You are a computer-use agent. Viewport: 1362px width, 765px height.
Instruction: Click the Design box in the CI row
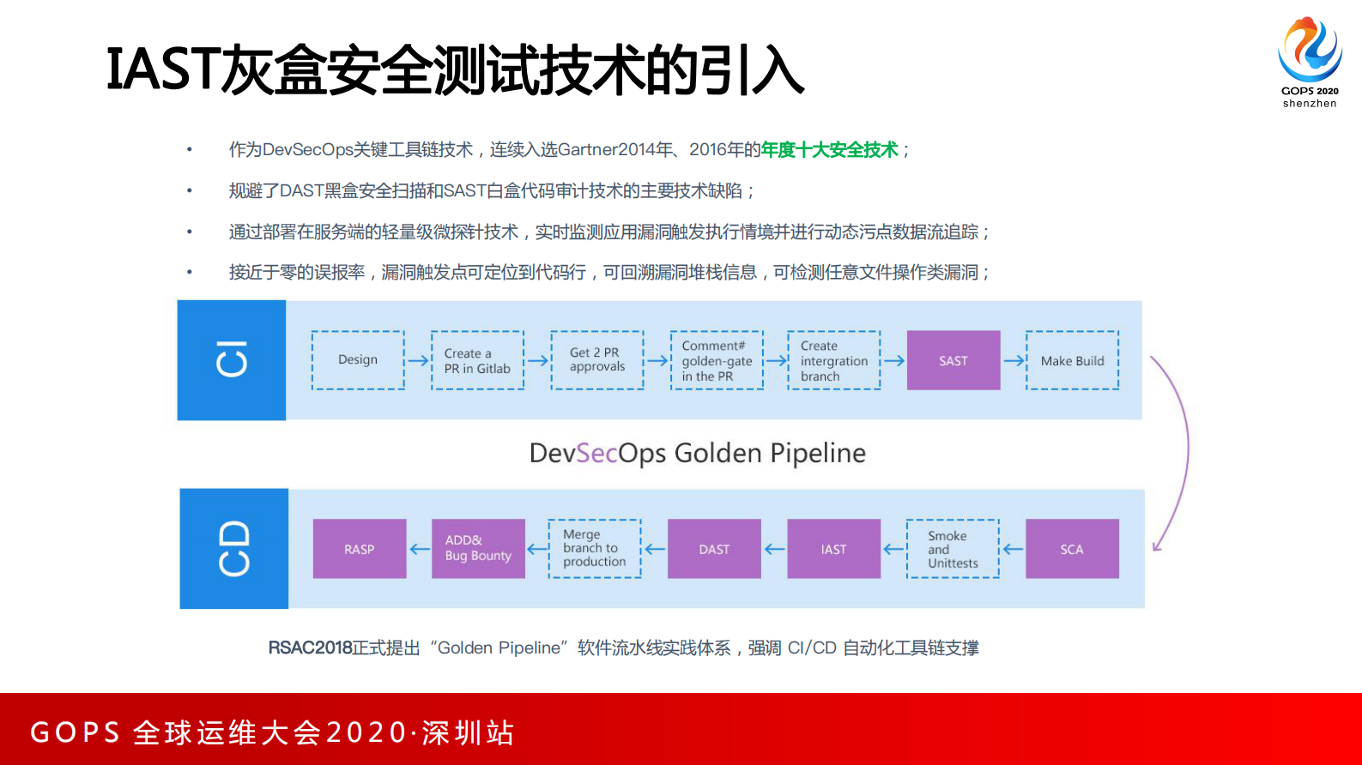(x=358, y=360)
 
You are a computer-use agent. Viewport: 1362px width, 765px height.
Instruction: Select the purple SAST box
(x=953, y=360)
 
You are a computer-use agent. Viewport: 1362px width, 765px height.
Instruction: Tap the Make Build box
(x=1072, y=360)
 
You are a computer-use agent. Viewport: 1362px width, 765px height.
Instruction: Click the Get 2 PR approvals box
(x=596, y=360)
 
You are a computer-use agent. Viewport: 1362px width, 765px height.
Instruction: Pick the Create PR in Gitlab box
(x=477, y=360)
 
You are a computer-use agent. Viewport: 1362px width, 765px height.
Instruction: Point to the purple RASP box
(x=359, y=549)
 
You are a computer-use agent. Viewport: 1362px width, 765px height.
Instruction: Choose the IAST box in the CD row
(x=833, y=549)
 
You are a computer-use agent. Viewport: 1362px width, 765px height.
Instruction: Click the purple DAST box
(x=714, y=549)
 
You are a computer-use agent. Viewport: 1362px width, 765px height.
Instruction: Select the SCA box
(x=1072, y=549)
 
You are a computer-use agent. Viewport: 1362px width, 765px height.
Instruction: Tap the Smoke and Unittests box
(x=953, y=549)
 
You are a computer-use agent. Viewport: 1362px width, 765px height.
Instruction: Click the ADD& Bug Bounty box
(x=478, y=549)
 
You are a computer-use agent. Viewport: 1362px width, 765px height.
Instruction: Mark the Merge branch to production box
(x=595, y=549)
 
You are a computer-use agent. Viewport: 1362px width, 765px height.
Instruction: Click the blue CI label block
(x=232, y=360)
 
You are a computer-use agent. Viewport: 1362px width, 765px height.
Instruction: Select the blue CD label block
(x=233, y=549)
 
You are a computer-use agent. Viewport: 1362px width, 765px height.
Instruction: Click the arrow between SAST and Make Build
(x=1014, y=361)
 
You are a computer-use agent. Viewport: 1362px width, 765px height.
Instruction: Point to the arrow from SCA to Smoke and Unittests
(x=1013, y=549)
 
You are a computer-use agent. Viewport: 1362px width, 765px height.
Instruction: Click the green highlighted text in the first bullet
(x=829, y=150)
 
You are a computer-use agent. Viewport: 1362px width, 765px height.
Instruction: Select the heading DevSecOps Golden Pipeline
(x=697, y=453)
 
